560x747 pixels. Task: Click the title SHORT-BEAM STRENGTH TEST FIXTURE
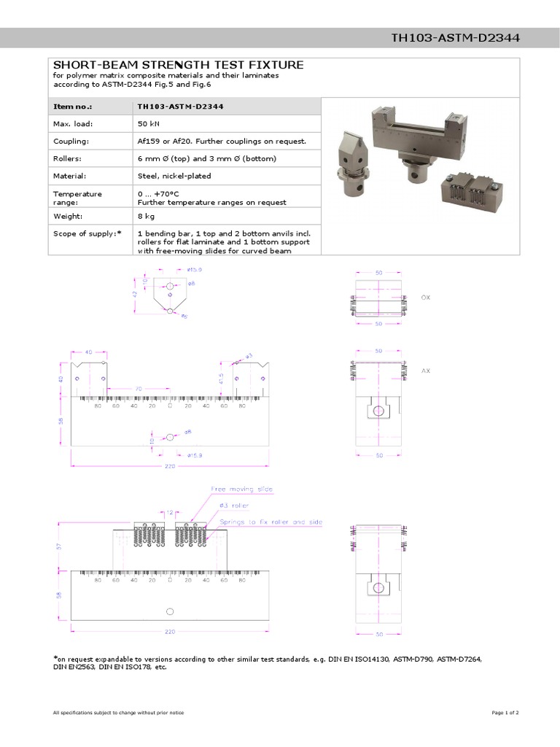(x=179, y=65)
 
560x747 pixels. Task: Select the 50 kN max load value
(x=149, y=124)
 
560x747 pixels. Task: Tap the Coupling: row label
(x=71, y=141)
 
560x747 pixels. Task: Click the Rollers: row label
(x=68, y=158)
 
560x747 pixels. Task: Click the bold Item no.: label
(x=74, y=107)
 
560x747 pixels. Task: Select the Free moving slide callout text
(x=242, y=489)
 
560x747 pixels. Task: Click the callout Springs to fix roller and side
(x=270, y=522)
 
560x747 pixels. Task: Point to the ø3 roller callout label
(x=233, y=505)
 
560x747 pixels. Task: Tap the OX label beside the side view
(x=427, y=297)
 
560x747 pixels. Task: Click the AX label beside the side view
(x=427, y=371)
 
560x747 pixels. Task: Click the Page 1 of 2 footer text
(x=505, y=712)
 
